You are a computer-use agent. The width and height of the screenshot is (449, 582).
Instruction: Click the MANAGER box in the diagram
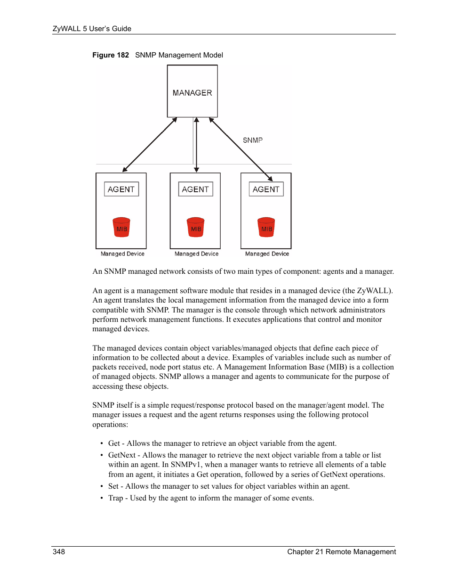(192, 91)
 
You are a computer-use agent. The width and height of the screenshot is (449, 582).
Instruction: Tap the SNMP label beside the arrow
(252, 140)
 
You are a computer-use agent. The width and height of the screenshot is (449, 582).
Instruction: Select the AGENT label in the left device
(121, 189)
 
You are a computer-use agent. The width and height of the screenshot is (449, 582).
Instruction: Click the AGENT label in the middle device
(195, 189)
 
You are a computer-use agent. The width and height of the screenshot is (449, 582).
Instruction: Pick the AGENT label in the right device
(266, 189)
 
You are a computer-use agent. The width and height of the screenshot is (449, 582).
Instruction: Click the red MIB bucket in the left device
(121, 227)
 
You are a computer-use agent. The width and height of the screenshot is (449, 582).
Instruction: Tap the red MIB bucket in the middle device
(195, 227)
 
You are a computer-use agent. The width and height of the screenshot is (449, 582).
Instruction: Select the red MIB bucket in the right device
(266, 227)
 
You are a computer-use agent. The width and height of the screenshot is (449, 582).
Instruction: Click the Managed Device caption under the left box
(122, 254)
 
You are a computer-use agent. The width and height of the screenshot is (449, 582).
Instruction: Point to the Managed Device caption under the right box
(267, 254)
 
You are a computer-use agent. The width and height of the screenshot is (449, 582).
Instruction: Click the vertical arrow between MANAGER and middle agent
(196, 145)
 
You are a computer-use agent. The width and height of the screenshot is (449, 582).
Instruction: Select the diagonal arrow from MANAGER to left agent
(150, 145)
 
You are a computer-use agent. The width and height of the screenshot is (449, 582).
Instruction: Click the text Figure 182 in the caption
(111, 55)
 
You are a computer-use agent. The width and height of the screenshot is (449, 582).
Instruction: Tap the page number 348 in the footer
(59, 552)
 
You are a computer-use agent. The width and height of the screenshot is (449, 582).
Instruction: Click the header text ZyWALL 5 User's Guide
(92, 29)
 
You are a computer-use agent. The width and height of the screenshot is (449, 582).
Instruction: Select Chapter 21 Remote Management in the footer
(341, 552)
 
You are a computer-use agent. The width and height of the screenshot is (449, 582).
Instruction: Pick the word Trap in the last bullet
(115, 498)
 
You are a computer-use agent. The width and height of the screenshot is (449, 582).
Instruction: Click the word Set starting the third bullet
(113, 486)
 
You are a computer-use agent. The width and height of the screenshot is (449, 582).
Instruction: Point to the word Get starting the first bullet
(114, 443)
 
